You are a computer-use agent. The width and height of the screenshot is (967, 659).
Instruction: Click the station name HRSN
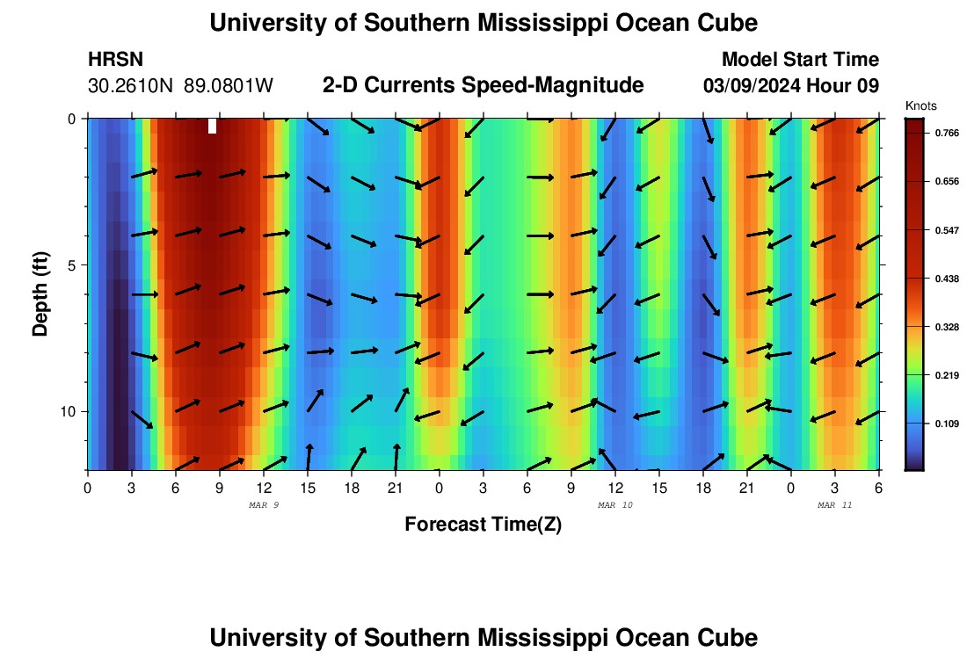pyautogui.click(x=115, y=60)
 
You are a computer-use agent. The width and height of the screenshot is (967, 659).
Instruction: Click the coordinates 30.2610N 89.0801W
pyautogui.click(x=180, y=86)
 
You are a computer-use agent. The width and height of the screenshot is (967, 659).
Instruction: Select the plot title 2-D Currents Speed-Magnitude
pyautogui.click(x=484, y=85)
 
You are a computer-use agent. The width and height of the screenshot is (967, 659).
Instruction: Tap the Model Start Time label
pyautogui.click(x=800, y=60)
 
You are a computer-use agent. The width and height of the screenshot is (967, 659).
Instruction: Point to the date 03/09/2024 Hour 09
pyautogui.click(x=791, y=86)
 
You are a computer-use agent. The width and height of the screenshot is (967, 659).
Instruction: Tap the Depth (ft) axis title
pyautogui.click(x=40, y=293)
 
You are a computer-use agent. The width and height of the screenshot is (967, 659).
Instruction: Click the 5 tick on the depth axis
pyautogui.click(x=73, y=264)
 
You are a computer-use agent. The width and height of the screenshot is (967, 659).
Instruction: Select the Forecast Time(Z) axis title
pyautogui.click(x=483, y=525)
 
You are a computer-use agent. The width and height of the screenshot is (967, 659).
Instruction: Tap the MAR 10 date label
pyautogui.click(x=615, y=505)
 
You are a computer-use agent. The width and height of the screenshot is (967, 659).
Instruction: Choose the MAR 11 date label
pyautogui.click(x=835, y=505)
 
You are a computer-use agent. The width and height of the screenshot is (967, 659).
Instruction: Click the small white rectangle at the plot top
pyautogui.click(x=212, y=126)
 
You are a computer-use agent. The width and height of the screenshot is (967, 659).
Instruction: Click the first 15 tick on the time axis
pyautogui.click(x=308, y=487)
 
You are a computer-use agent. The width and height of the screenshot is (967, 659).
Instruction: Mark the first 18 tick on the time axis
pyautogui.click(x=352, y=487)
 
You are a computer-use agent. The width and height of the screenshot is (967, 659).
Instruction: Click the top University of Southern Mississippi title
pyautogui.click(x=484, y=23)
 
